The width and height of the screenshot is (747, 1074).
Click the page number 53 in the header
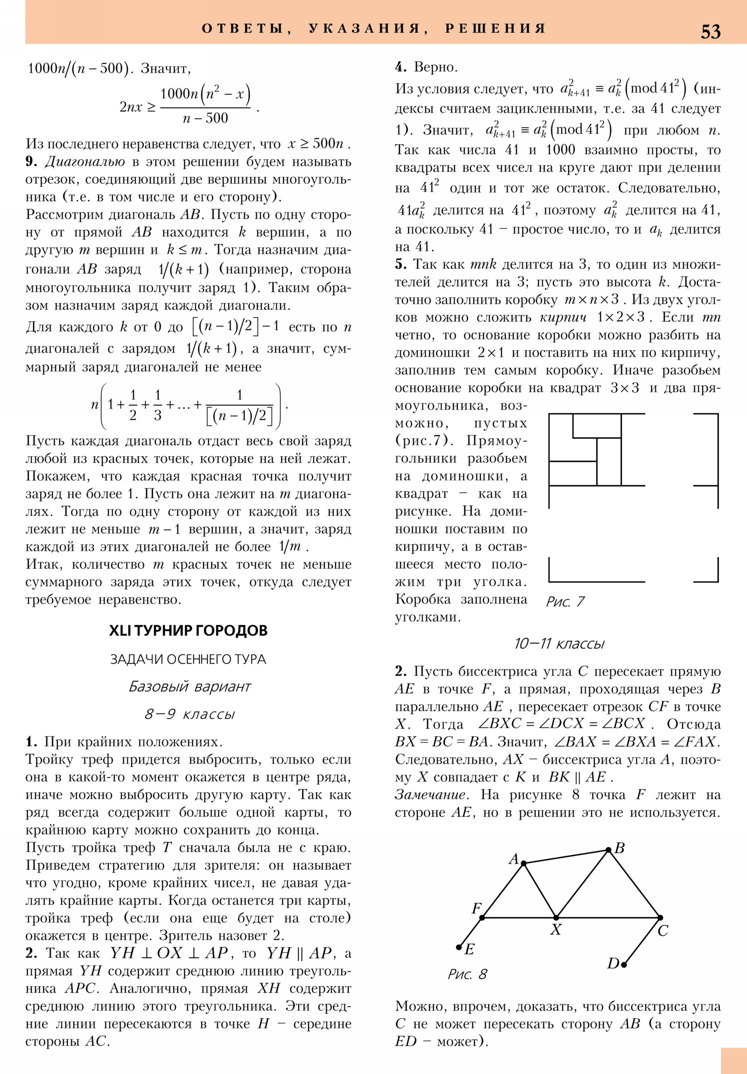click(x=710, y=32)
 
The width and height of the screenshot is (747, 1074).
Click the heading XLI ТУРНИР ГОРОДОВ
click(x=188, y=630)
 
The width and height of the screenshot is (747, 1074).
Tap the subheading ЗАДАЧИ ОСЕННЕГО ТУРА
click(x=188, y=659)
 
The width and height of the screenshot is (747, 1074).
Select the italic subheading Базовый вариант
click(x=190, y=686)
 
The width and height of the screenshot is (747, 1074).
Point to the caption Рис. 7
click(x=565, y=601)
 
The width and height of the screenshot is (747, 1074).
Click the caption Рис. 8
click(x=467, y=974)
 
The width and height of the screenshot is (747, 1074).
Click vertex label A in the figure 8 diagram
click(x=514, y=859)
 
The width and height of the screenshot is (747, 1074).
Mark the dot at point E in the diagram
click(x=459, y=947)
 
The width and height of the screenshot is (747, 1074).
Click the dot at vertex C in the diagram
click(x=660, y=918)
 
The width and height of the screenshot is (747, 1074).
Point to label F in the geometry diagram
click(x=476, y=908)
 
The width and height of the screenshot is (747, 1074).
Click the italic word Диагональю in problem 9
click(x=85, y=162)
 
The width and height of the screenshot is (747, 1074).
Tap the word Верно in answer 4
click(x=435, y=67)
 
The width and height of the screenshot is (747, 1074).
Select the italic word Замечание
click(x=430, y=795)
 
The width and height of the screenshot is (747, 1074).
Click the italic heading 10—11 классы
click(x=559, y=643)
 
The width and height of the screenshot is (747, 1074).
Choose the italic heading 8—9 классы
click(x=190, y=714)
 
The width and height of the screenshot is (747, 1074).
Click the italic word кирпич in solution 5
click(x=563, y=318)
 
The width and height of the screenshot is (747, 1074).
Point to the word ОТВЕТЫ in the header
click(x=243, y=28)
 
